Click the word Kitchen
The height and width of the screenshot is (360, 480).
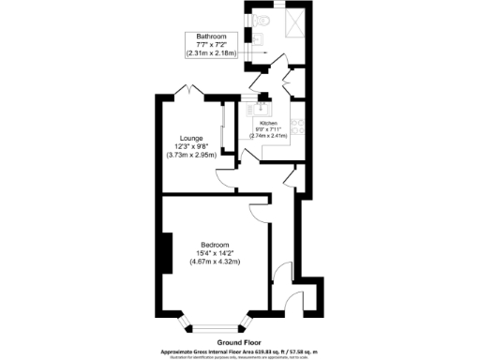point(268,124)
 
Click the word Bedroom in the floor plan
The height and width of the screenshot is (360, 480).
point(214,244)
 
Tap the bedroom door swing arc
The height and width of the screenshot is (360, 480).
point(260,211)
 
